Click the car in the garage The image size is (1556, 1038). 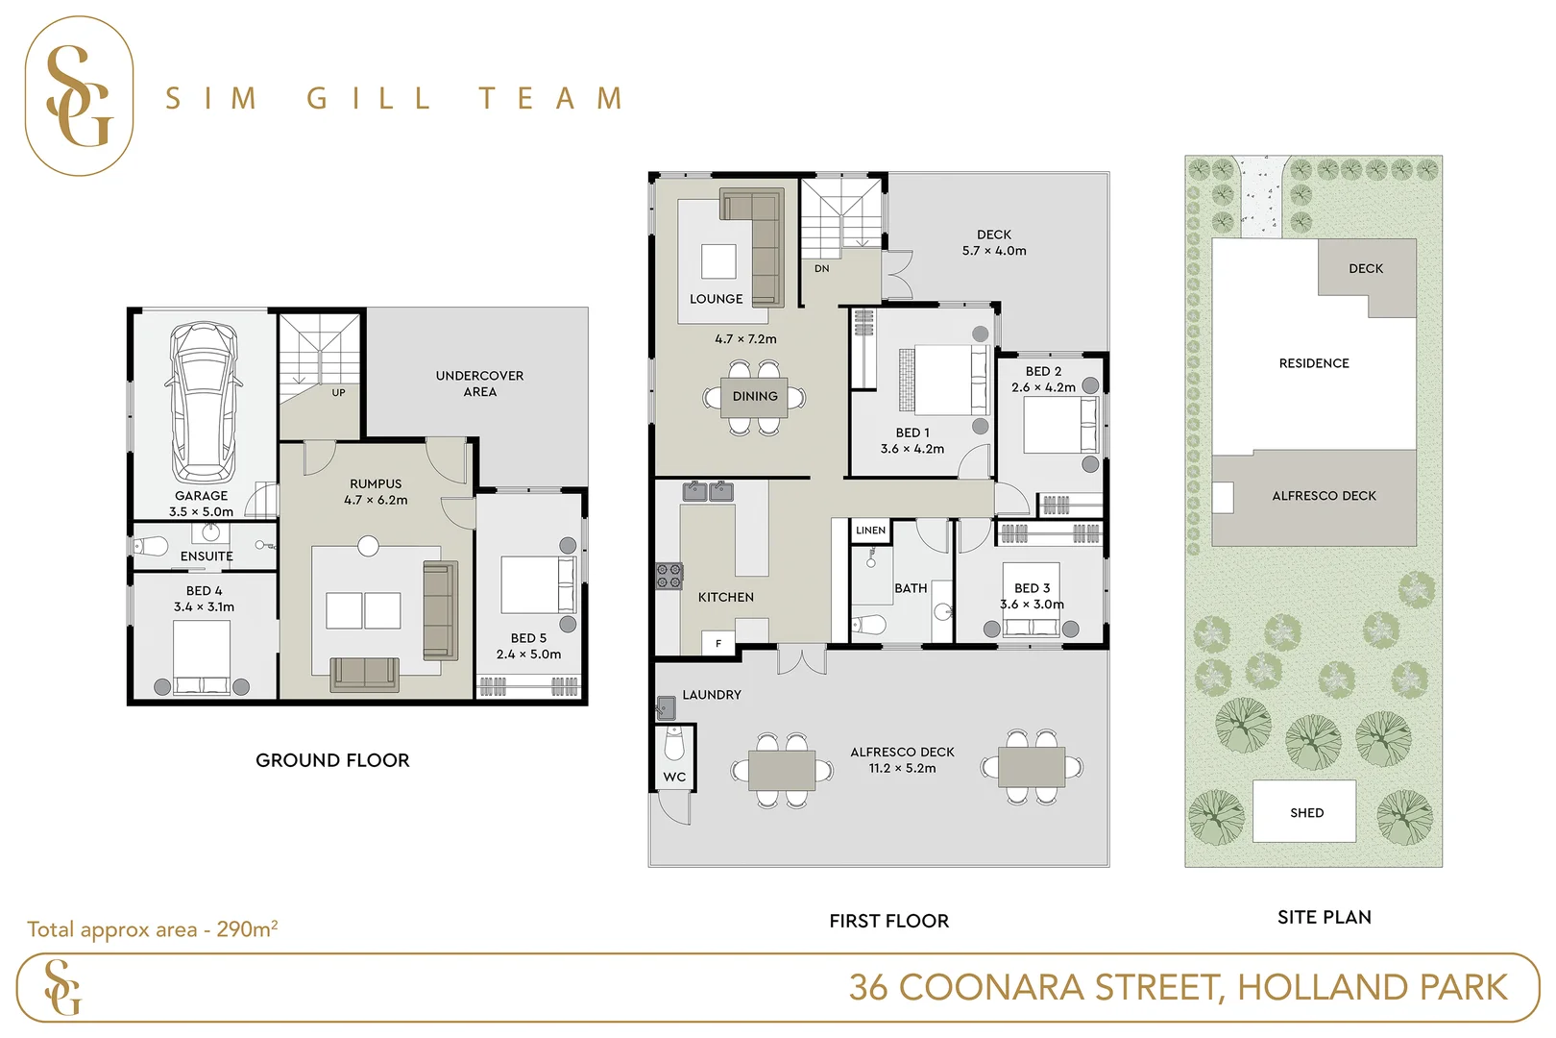(x=202, y=402)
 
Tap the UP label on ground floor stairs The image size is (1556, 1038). (x=338, y=393)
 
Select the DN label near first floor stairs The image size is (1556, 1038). (x=821, y=269)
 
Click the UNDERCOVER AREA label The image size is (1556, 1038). (x=479, y=383)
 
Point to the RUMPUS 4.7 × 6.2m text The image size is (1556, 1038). (x=376, y=492)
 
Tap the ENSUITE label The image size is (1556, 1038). (x=207, y=556)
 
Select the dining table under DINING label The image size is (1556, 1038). (x=755, y=397)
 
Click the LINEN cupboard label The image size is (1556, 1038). (x=870, y=531)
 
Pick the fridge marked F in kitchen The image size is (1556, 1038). (x=717, y=644)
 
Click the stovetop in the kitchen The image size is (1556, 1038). (x=669, y=576)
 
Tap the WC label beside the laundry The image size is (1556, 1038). (x=674, y=778)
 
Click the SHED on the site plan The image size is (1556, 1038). (x=1305, y=812)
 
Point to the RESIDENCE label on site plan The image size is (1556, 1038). (x=1313, y=363)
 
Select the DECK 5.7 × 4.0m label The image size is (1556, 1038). (x=994, y=242)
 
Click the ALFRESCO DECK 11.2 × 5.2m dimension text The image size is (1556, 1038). (x=902, y=768)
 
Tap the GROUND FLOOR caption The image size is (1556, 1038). (x=332, y=760)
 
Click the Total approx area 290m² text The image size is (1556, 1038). (x=153, y=929)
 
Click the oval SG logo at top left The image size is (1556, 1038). (x=79, y=96)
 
